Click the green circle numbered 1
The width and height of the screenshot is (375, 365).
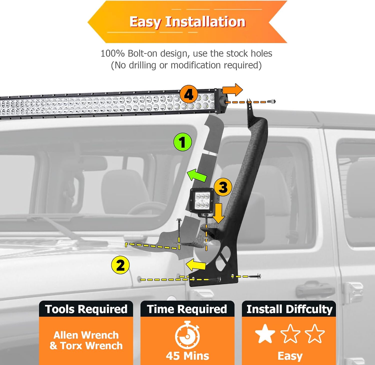(x=182, y=142)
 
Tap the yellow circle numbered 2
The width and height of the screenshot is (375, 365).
(x=120, y=265)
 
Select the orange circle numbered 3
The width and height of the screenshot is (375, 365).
(x=223, y=187)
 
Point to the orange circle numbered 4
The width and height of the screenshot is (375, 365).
(x=189, y=94)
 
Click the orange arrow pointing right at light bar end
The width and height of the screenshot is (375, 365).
(x=232, y=90)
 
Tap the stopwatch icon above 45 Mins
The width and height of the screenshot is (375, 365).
(x=187, y=335)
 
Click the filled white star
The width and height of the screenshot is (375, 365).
(x=265, y=334)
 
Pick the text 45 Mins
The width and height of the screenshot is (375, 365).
(x=187, y=356)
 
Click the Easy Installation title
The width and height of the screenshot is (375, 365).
(x=187, y=22)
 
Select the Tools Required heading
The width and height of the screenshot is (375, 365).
(x=86, y=309)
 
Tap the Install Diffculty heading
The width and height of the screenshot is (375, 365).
(x=289, y=309)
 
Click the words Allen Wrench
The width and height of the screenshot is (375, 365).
(x=86, y=335)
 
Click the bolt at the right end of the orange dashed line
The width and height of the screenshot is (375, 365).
(x=271, y=101)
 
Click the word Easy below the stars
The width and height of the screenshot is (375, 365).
(x=290, y=356)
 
